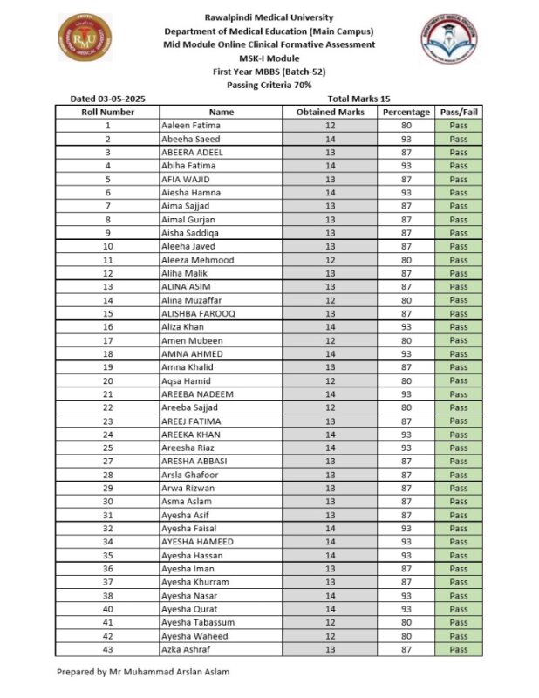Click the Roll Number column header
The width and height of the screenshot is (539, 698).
coord(107,113)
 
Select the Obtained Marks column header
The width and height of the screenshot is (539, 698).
coord(331,113)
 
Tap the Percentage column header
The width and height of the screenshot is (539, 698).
coord(406,113)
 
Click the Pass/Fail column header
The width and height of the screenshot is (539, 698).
coord(459,113)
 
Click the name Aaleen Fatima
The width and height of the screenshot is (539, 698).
coord(191,126)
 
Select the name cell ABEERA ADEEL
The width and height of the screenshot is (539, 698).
coord(193,153)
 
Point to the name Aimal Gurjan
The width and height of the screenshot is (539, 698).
coord(188,220)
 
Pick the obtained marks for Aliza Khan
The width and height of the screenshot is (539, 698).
coord(331,326)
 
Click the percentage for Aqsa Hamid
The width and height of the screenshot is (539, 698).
coord(406,380)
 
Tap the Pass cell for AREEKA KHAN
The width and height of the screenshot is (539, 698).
coord(459,435)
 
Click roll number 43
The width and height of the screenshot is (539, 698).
coord(107,649)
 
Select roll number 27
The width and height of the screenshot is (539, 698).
coord(107,461)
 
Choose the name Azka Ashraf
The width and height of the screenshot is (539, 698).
coord(188,649)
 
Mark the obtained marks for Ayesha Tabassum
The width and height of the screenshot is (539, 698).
coord(331,622)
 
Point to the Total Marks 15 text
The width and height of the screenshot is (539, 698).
coord(359,99)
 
